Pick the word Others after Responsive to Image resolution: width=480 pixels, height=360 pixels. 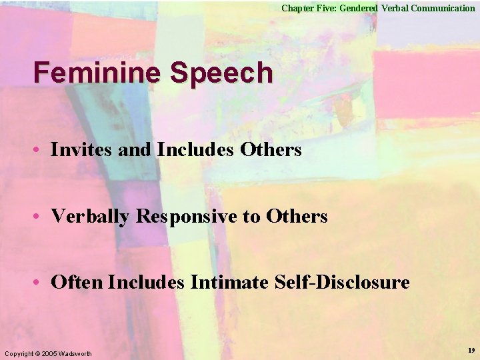coord(297,216)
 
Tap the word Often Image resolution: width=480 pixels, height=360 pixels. coord(77,283)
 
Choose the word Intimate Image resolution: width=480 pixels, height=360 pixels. coord(229,283)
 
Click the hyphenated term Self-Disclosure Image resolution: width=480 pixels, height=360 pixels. coord(342,283)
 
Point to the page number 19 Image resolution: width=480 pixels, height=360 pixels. coord(471,350)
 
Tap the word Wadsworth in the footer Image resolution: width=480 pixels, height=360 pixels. coord(76,353)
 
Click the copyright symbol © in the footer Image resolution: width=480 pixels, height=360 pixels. coord(37,353)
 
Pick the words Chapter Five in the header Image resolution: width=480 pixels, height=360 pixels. coord(305,8)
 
